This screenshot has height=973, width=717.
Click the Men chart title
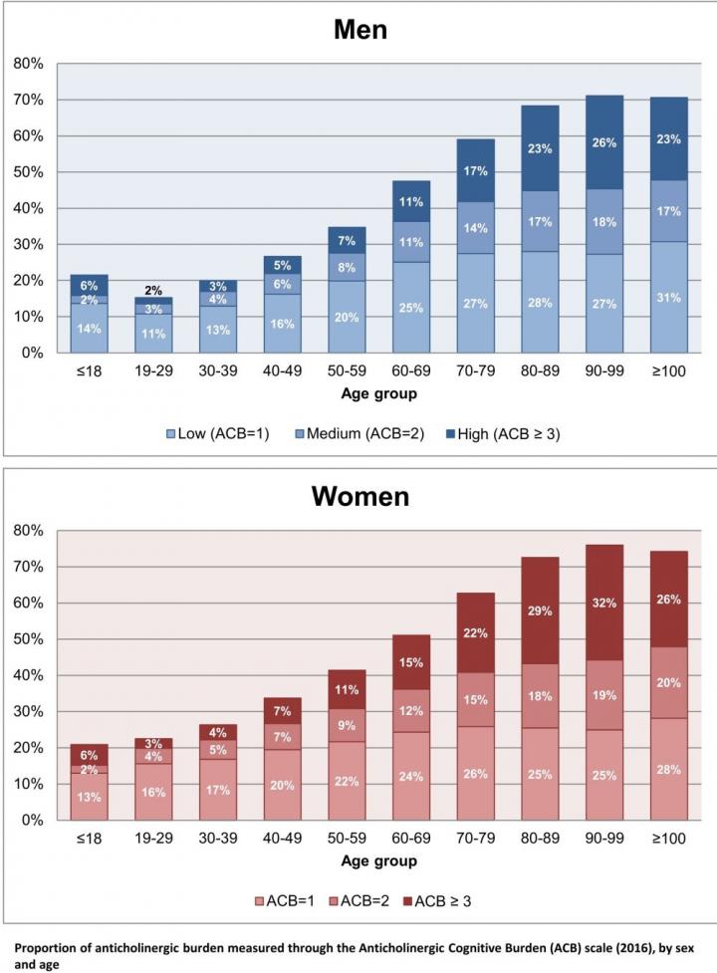pyautogui.click(x=359, y=29)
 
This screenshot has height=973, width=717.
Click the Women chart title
pyautogui.click(x=359, y=495)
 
